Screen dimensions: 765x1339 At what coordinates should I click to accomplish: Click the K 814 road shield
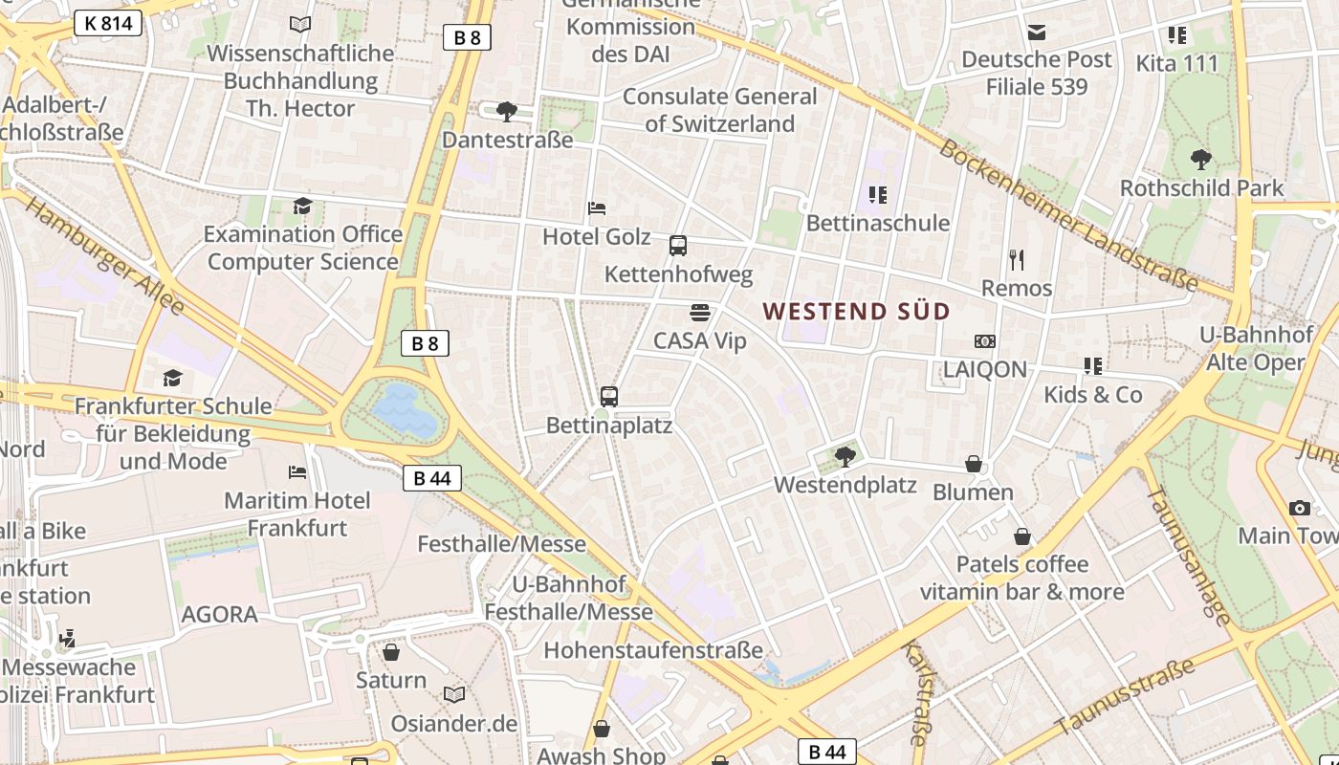click(x=107, y=23)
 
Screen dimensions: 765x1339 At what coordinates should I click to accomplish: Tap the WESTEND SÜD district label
click(x=856, y=311)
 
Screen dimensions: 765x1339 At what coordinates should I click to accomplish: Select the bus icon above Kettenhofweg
click(x=678, y=246)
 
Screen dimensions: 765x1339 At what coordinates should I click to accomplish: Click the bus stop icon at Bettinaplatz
click(x=609, y=396)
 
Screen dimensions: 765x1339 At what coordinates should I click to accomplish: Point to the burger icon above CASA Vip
click(x=700, y=312)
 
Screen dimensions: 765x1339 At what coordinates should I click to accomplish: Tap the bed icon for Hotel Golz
click(x=597, y=208)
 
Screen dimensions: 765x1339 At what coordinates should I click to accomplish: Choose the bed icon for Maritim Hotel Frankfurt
click(x=297, y=471)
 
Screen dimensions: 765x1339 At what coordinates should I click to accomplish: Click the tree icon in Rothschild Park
click(x=1201, y=159)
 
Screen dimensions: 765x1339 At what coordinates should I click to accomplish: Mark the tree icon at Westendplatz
click(x=845, y=456)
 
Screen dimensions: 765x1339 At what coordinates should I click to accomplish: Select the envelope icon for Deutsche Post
click(x=1037, y=32)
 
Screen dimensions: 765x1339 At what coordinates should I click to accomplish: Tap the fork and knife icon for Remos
click(x=1017, y=259)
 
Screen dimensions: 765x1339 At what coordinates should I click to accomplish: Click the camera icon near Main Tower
click(x=1299, y=508)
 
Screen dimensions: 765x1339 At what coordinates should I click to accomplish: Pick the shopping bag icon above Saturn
click(x=390, y=652)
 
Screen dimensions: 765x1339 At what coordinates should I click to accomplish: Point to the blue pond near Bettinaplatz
click(x=405, y=410)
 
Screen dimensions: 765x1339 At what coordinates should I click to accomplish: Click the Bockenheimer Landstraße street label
click(x=1067, y=215)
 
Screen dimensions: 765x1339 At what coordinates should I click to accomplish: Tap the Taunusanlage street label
click(x=1189, y=557)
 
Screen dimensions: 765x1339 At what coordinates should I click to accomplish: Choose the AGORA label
click(x=220, y=614)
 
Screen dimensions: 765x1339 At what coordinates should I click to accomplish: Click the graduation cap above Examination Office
click(x=303, y=206)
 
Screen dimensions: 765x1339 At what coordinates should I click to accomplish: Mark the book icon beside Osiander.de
click(x=454, y=694)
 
